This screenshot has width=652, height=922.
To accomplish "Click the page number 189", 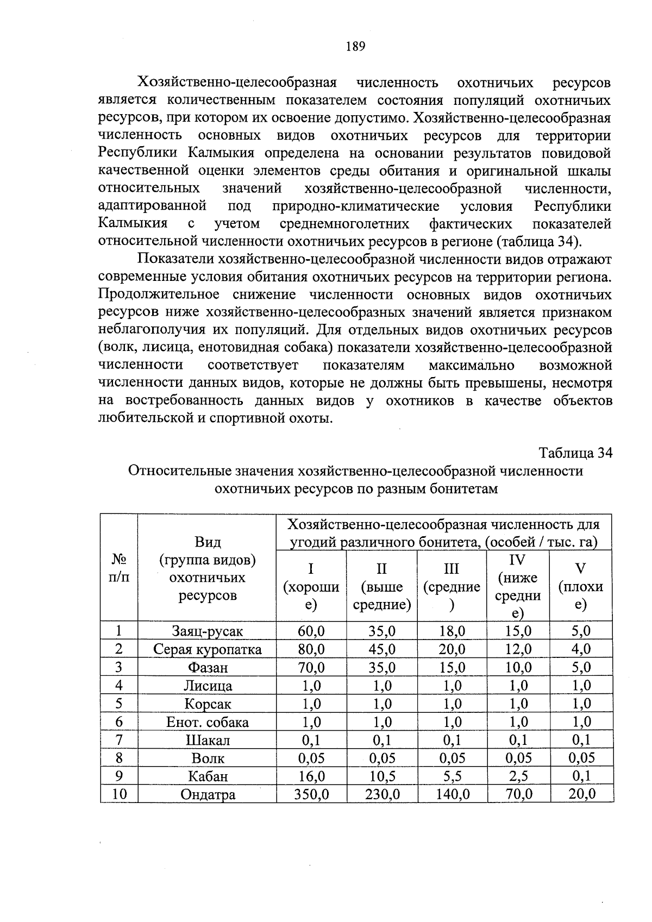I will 355,47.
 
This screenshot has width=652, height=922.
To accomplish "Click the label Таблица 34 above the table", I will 575,453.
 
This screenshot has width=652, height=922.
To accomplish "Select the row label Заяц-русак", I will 207,631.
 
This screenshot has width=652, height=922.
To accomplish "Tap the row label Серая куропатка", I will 207,650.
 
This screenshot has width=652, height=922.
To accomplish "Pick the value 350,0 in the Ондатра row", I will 311,794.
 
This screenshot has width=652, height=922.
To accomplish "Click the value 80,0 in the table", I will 311,649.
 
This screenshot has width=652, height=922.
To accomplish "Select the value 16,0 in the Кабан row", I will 311,776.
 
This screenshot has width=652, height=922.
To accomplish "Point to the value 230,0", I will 383,794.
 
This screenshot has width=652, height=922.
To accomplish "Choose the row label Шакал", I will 208,740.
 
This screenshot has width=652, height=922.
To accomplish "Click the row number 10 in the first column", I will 119,794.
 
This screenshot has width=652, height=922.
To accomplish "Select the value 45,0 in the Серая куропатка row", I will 383,649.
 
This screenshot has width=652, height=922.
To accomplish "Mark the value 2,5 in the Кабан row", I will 518,776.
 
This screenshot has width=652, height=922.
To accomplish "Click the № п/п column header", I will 119,568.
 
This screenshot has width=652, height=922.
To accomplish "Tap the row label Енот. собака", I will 207,722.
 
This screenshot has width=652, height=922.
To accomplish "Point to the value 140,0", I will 453,794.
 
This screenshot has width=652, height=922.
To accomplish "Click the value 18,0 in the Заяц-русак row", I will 453,631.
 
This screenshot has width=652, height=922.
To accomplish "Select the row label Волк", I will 208,758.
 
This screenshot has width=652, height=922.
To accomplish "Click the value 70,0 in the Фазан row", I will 311,667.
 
